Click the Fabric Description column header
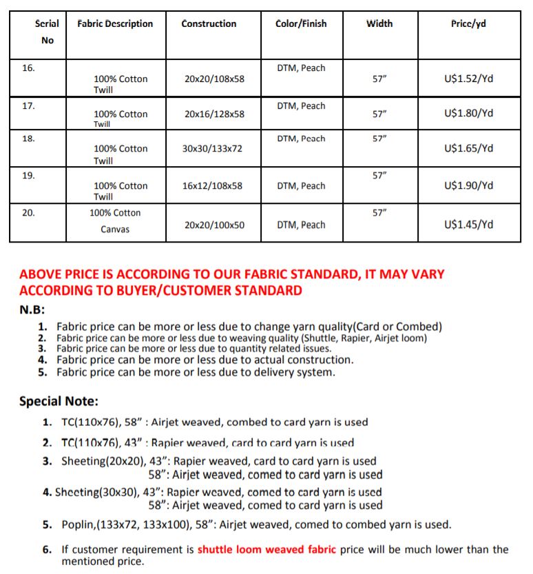click(x=115, y=24)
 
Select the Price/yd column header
click(x=468, y=24)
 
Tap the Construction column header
click(x=209, y=24)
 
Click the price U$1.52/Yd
click(x=469, y=79)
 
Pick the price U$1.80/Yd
click(x=469, y=114)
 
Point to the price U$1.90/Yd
click(x=469, y=186)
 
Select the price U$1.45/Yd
click(x=469, y=225)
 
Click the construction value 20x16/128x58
click(x=214, y=114)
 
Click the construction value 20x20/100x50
click(x=214, y=225)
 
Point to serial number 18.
click(x=28, y=139)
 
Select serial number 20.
click(x=28, y=213)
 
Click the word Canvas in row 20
click(x=115, y=229)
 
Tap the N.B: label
click(x=32, y=310)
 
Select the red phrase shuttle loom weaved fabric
click(x=266, y=550)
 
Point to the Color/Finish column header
click(x=301, y=24)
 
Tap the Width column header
click(x=379, y=24)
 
